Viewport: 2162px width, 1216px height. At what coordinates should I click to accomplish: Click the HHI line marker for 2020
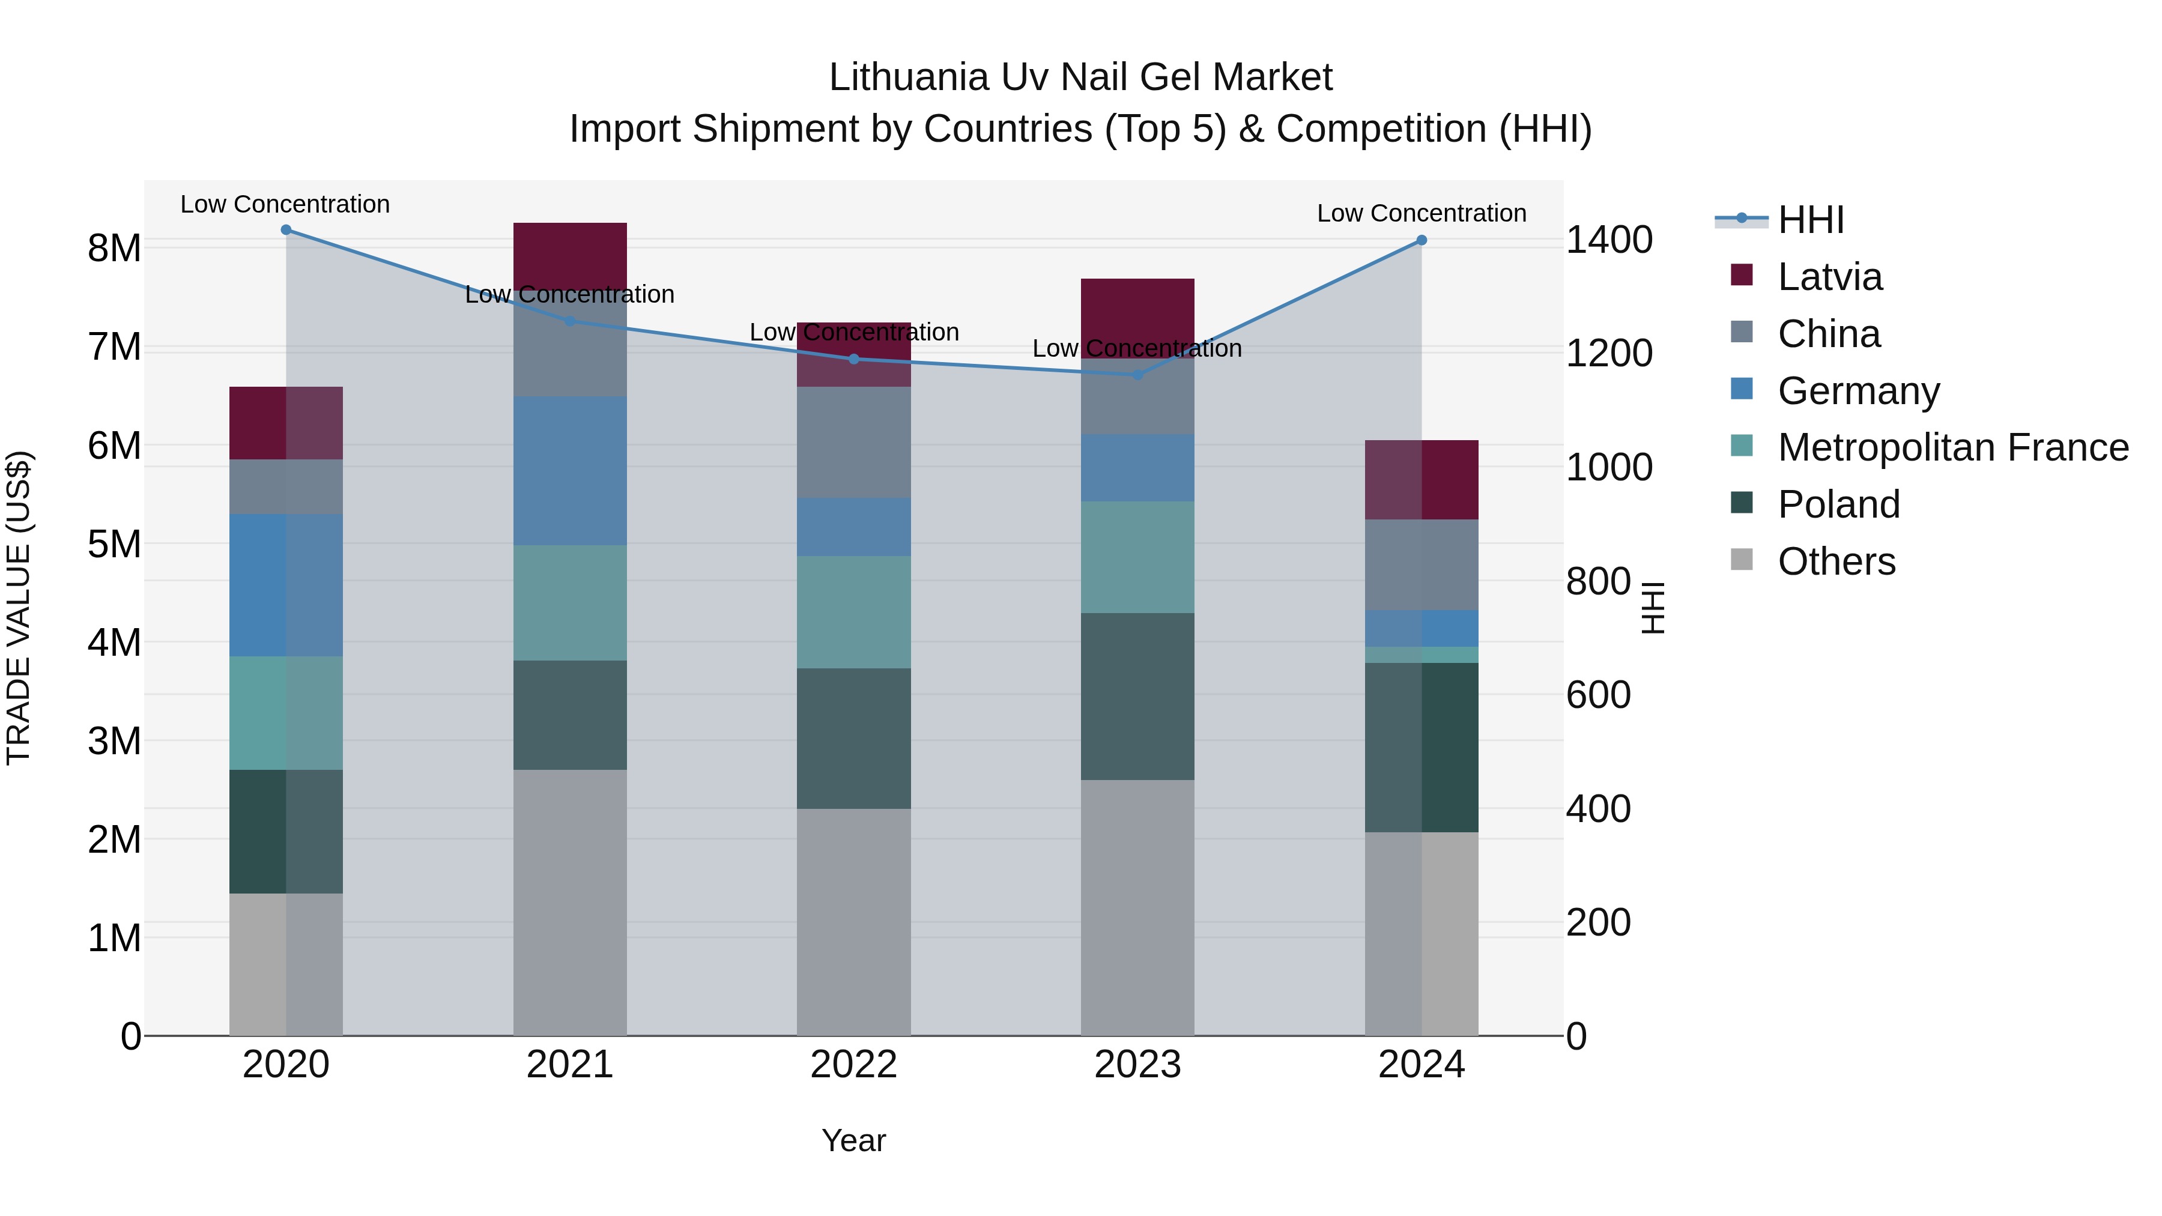pos(286,230)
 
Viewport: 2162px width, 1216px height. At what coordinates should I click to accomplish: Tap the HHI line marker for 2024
pos(1421,240)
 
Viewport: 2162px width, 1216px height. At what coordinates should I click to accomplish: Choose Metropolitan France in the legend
pos(1952,447)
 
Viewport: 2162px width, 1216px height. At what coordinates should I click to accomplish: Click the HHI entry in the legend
pos(1810,220)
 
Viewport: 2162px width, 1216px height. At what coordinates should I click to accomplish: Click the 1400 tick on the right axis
pos(1609,240)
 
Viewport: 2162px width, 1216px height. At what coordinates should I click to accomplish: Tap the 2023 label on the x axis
pos(1137,1065)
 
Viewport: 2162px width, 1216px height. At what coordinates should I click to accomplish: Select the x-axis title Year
pos(853,1140)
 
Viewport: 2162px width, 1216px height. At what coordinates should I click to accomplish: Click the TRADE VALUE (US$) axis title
pos(19,608)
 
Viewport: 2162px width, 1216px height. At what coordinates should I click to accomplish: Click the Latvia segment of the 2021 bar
pos(570,252)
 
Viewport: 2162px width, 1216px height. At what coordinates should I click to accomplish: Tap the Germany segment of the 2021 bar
pos(570,471)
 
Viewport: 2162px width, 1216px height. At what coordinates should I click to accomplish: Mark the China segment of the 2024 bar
pos(1421,565)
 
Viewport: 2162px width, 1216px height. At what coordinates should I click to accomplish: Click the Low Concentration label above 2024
pos(1421,213)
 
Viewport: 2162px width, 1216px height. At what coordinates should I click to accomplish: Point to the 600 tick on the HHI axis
pos(1598,695)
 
